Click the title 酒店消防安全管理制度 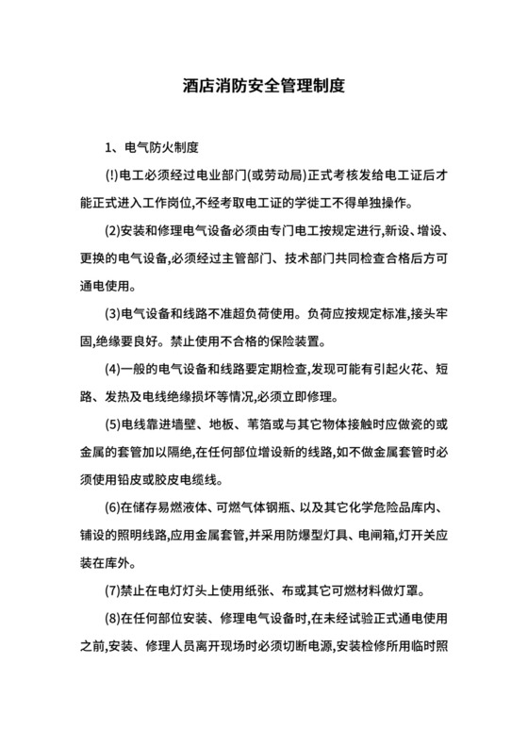(264, 84)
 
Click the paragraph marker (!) (111, 176)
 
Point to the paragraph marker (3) (112, 312)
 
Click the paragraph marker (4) (112, 367)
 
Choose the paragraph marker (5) (112, 423)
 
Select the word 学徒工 (339, 204)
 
